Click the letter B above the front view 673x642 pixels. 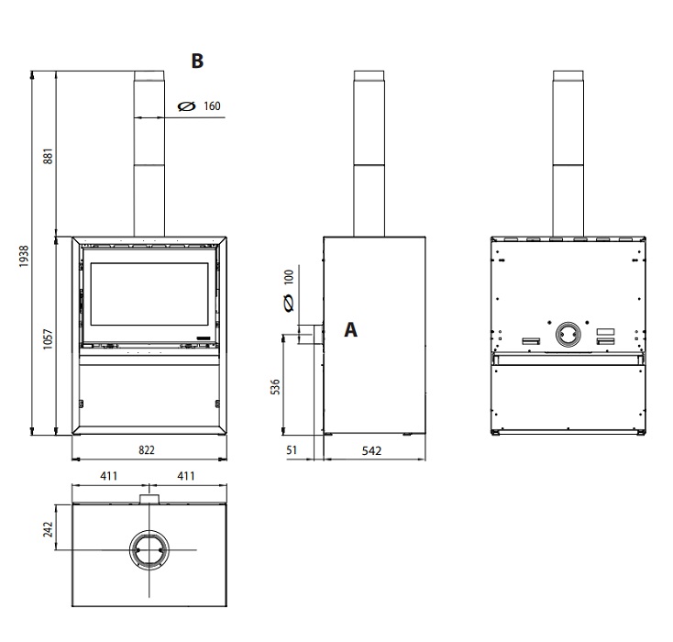(197, 61)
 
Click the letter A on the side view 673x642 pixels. (350, 330)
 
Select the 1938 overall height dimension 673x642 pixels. (24, 256)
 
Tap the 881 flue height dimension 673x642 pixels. (48, 156)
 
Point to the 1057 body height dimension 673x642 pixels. (48, 338)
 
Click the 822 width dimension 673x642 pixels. (147, 449)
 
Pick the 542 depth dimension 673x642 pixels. (371, 450)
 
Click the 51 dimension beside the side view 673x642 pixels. (292, 450)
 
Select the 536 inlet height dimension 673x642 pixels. (276, 386)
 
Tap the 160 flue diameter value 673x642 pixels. (212, 106)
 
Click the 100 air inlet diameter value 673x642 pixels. (290, 277)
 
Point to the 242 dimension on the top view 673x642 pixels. (48, 529)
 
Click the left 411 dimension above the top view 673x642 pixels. (108, 476)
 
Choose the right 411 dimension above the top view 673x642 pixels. (186, 476)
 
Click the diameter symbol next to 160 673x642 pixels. (187, 106)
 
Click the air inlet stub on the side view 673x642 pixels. (318, 334)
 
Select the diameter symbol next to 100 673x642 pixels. (290, 304)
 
